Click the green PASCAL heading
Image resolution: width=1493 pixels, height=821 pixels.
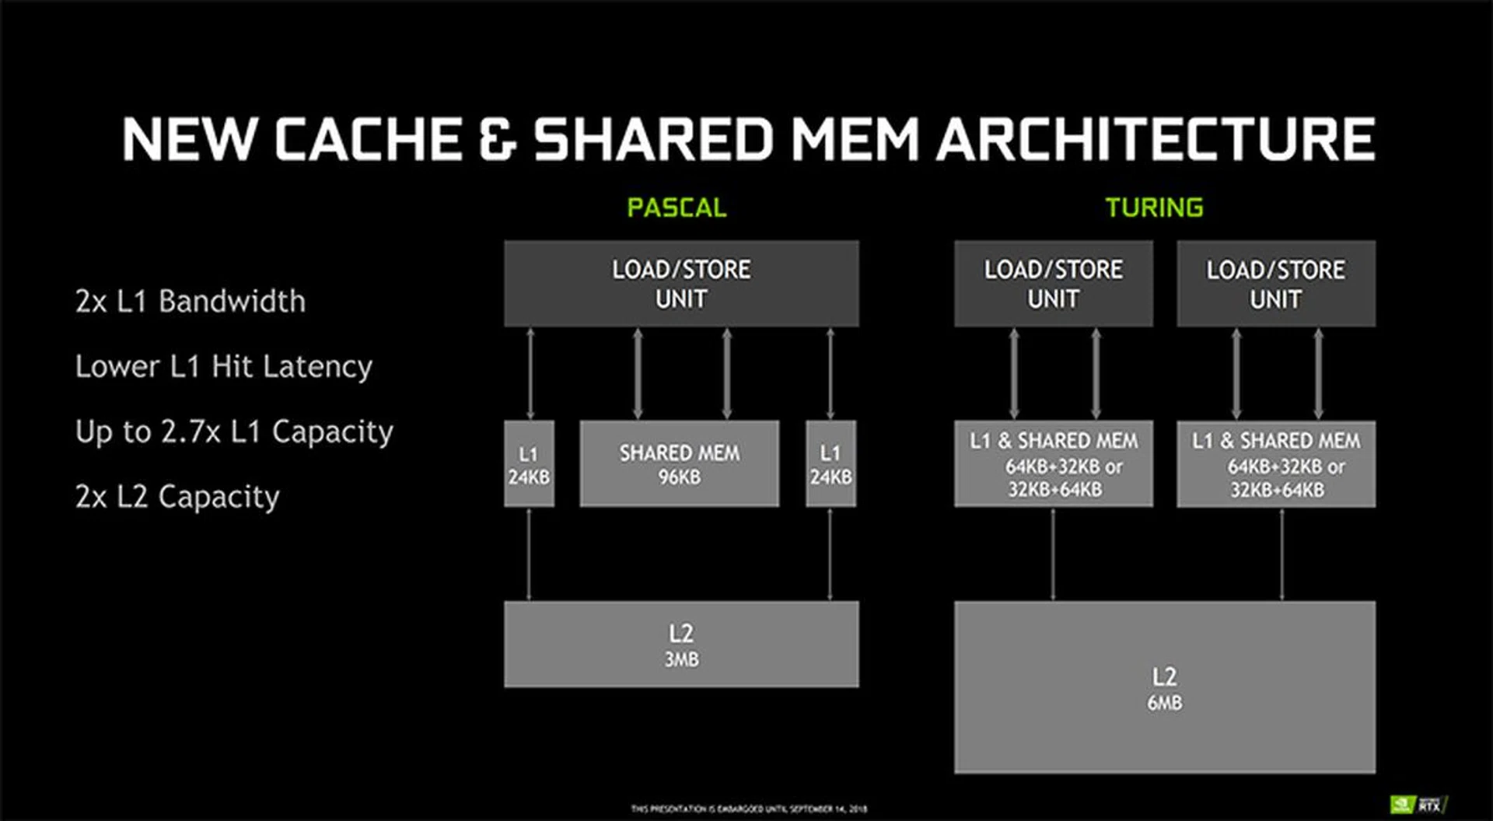[x=677, y=208]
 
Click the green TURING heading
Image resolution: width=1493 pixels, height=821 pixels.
[x=1154, y=208]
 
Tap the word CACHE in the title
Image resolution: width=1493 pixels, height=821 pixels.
[x=369, y=140]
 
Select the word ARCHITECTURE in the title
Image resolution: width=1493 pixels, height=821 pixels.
[x=1156, y=140]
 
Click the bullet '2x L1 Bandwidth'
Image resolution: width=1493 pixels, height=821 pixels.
[x=191, y=302]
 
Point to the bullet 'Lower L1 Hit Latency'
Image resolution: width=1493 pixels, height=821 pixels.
[x=224, y=366]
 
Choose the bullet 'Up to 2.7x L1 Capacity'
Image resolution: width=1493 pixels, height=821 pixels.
[x=234, y=431]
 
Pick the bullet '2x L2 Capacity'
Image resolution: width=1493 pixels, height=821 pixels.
[x=177, y=497]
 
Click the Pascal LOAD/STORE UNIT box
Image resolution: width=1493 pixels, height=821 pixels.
[x=681, y=284]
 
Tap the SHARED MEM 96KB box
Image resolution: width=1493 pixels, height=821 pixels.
[x=679, y=464]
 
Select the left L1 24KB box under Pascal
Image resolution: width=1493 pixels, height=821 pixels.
[x=529, y=464]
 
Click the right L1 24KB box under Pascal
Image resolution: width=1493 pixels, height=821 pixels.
[x=830, y=464]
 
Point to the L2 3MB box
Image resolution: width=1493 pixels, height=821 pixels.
[x=681, y=645]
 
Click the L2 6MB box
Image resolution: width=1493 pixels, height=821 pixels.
[x=1164, y=687]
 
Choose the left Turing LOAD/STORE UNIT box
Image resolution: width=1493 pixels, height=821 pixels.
[x=1053, y=284]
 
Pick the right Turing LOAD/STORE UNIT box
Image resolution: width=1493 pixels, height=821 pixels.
[x=1275, y=284]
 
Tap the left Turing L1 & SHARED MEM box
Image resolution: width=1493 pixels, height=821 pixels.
[x=1053, y=464]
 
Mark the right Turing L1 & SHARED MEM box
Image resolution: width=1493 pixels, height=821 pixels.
[x=1275, y=464]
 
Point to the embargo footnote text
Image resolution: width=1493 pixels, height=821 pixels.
[x=749, y=809]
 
